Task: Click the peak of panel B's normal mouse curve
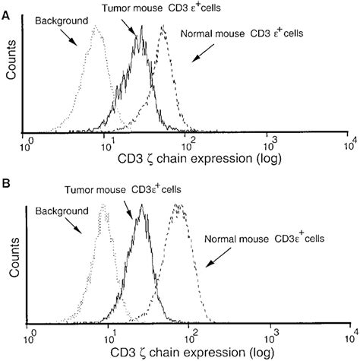pyautogui.click(x=178, y=204)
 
